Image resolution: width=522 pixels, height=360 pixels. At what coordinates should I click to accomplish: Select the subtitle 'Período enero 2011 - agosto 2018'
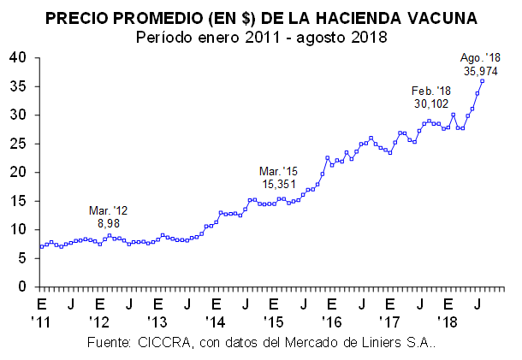pyautogui.click(x=261, y=37)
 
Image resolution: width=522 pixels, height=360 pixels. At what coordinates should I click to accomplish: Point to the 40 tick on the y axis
pyautogui.click(x=20, y=57)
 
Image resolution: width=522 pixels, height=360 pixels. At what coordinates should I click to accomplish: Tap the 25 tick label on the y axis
pyautogui.click(x=20, y=144)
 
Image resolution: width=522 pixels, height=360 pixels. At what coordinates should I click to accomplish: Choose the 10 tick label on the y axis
pyautogui.click(x=20, y=230)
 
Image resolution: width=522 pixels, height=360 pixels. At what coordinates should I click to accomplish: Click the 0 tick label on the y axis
pyautogui.click(x=24, y=287)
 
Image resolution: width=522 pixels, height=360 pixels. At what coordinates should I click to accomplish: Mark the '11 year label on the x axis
pyautogui.click(x=42, y=323)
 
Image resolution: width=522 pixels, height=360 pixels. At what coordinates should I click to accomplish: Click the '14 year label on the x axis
pyautogui.click(x=216, y=323)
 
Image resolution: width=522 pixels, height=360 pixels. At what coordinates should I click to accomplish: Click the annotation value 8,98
pyautogui.click(x=108, y=222)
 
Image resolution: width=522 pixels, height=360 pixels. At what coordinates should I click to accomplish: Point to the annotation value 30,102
pyautogui.click(x=430, y=103)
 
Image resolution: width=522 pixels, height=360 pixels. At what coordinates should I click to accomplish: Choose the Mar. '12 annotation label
pyautogui.click(x=108, y=210)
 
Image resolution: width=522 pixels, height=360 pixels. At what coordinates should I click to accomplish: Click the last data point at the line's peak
pyautogui.click(x=483, y=81)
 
